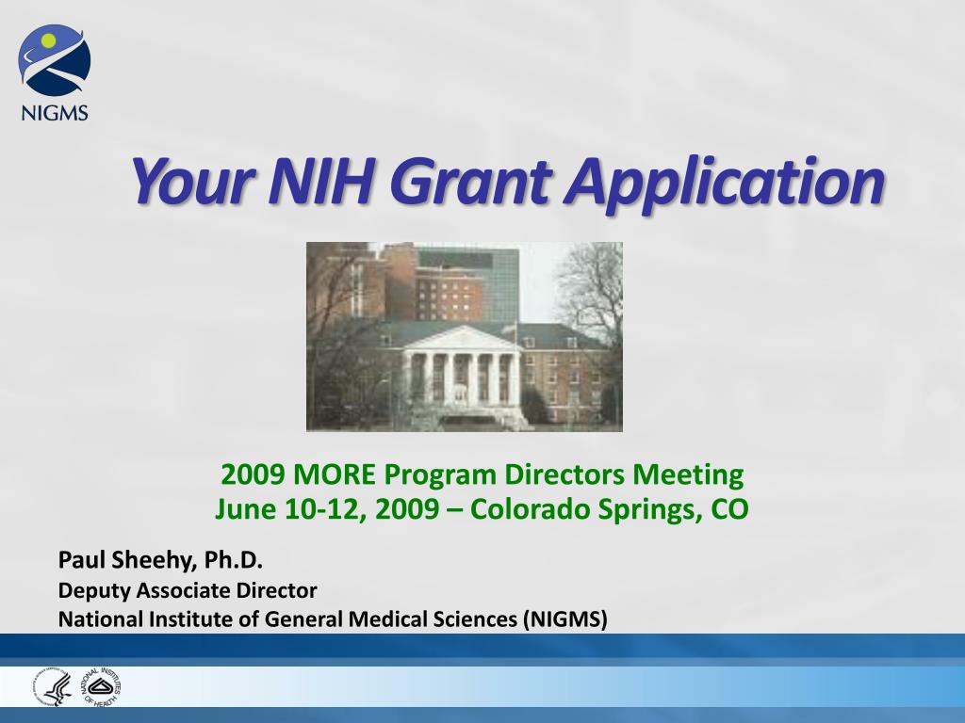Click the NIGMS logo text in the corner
click(54, 113)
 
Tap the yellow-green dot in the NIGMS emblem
click(47, 41)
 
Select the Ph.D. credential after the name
click(234, 560)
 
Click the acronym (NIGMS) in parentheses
click(565, 619)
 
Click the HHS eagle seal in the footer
click(54, 686)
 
